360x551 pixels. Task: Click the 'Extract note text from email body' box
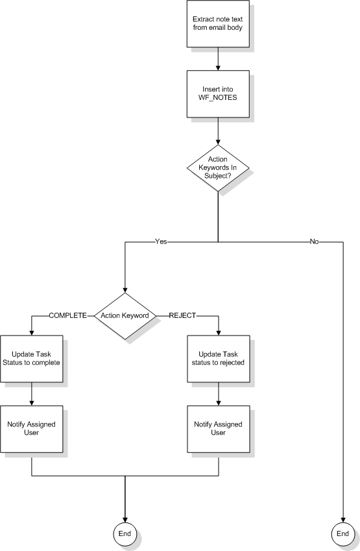point(218,23)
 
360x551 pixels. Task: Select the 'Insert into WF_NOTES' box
point(218,94)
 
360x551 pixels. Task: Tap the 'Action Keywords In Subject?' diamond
point(218,168)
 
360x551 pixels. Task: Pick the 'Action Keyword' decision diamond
point(125,316)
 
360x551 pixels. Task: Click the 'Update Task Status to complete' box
point(32,359)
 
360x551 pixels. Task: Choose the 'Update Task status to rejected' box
point(219,359)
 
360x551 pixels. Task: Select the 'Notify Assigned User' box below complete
point(32,429)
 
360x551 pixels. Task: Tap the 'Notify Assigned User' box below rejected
point(219,429)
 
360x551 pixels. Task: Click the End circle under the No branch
point(342,534)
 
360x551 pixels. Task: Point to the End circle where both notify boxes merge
point(125,534)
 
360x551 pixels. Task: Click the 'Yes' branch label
point(162,242)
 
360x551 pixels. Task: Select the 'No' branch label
point(315,242)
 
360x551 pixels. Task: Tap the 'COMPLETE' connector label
point(68,315)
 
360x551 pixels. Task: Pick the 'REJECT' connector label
point(183,315)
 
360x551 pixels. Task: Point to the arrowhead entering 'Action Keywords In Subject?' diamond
point(218,142)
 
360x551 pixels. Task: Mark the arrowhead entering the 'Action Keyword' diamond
point(125,290)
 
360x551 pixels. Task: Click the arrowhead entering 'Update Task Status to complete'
point(32,333)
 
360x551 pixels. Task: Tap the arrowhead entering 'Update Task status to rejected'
point(219,333)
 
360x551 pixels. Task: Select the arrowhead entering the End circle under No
point(342,520)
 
